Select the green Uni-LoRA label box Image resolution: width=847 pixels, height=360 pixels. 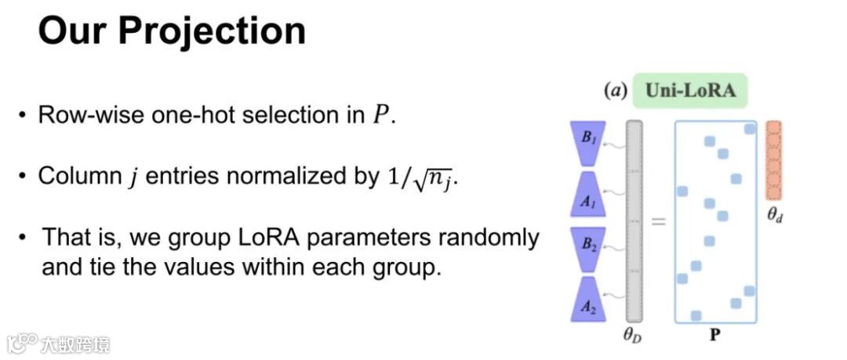tap(689, 90)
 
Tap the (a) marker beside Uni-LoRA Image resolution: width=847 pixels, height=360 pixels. tap(616, 91)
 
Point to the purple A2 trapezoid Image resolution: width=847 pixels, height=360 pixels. tap(587, 302)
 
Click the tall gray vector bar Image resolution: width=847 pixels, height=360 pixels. tap(634, 220)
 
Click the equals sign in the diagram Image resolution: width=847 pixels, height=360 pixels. tap(658, 222)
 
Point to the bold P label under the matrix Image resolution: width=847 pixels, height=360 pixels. tap(715, 336)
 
